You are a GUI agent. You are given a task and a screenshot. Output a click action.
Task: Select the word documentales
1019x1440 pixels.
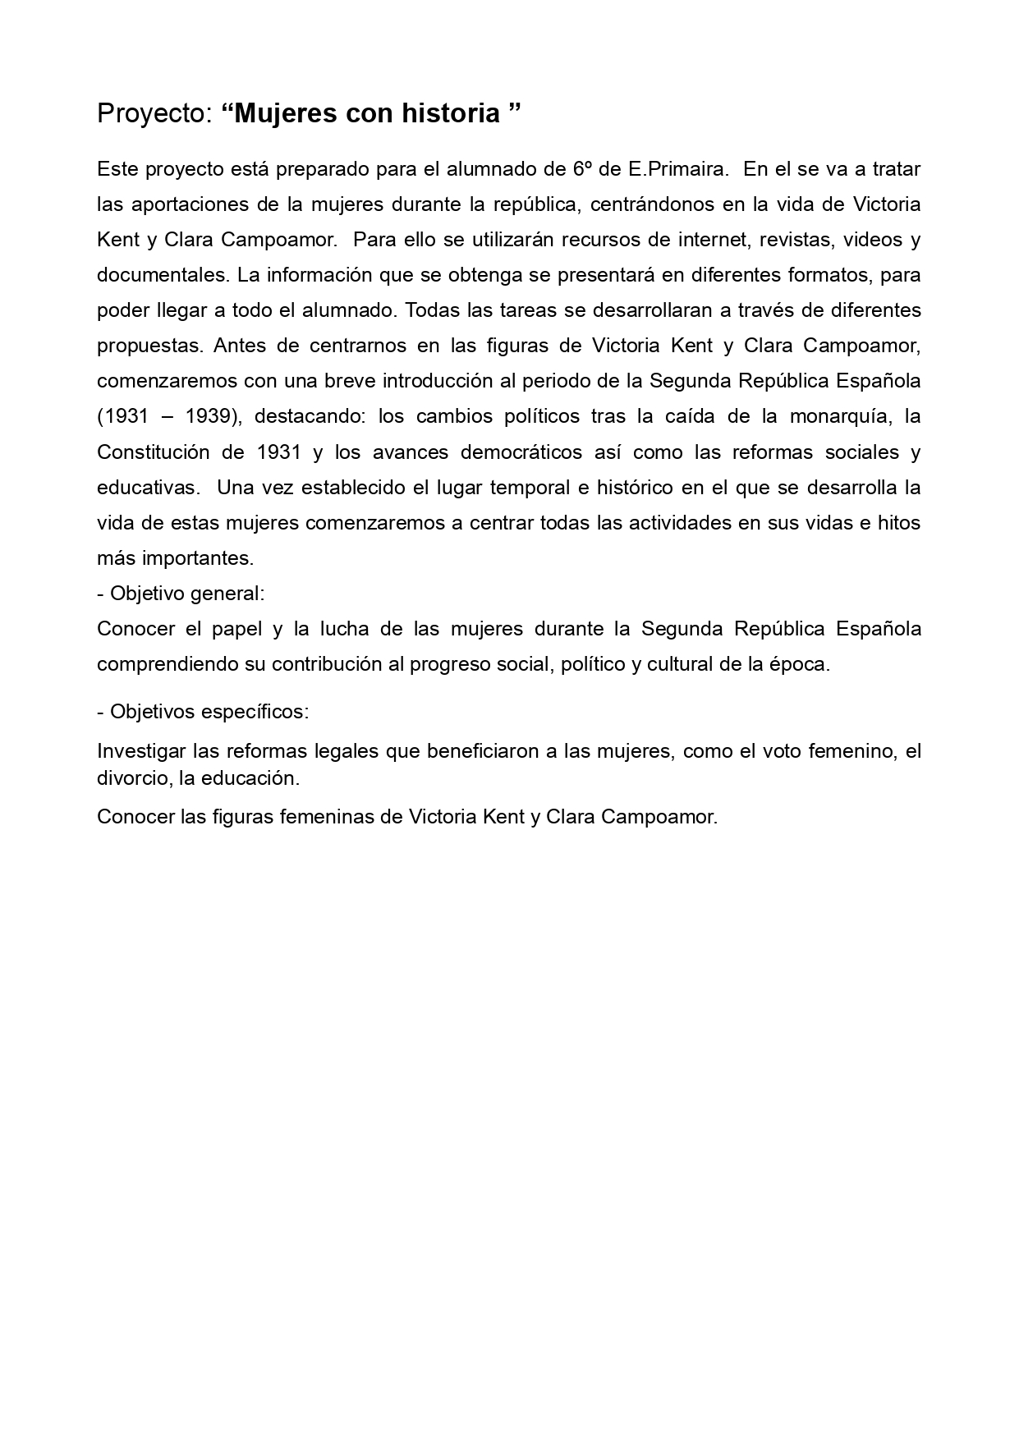(x=161, y=275)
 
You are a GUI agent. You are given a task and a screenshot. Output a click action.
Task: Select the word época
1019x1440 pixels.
(x=801, y=664)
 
